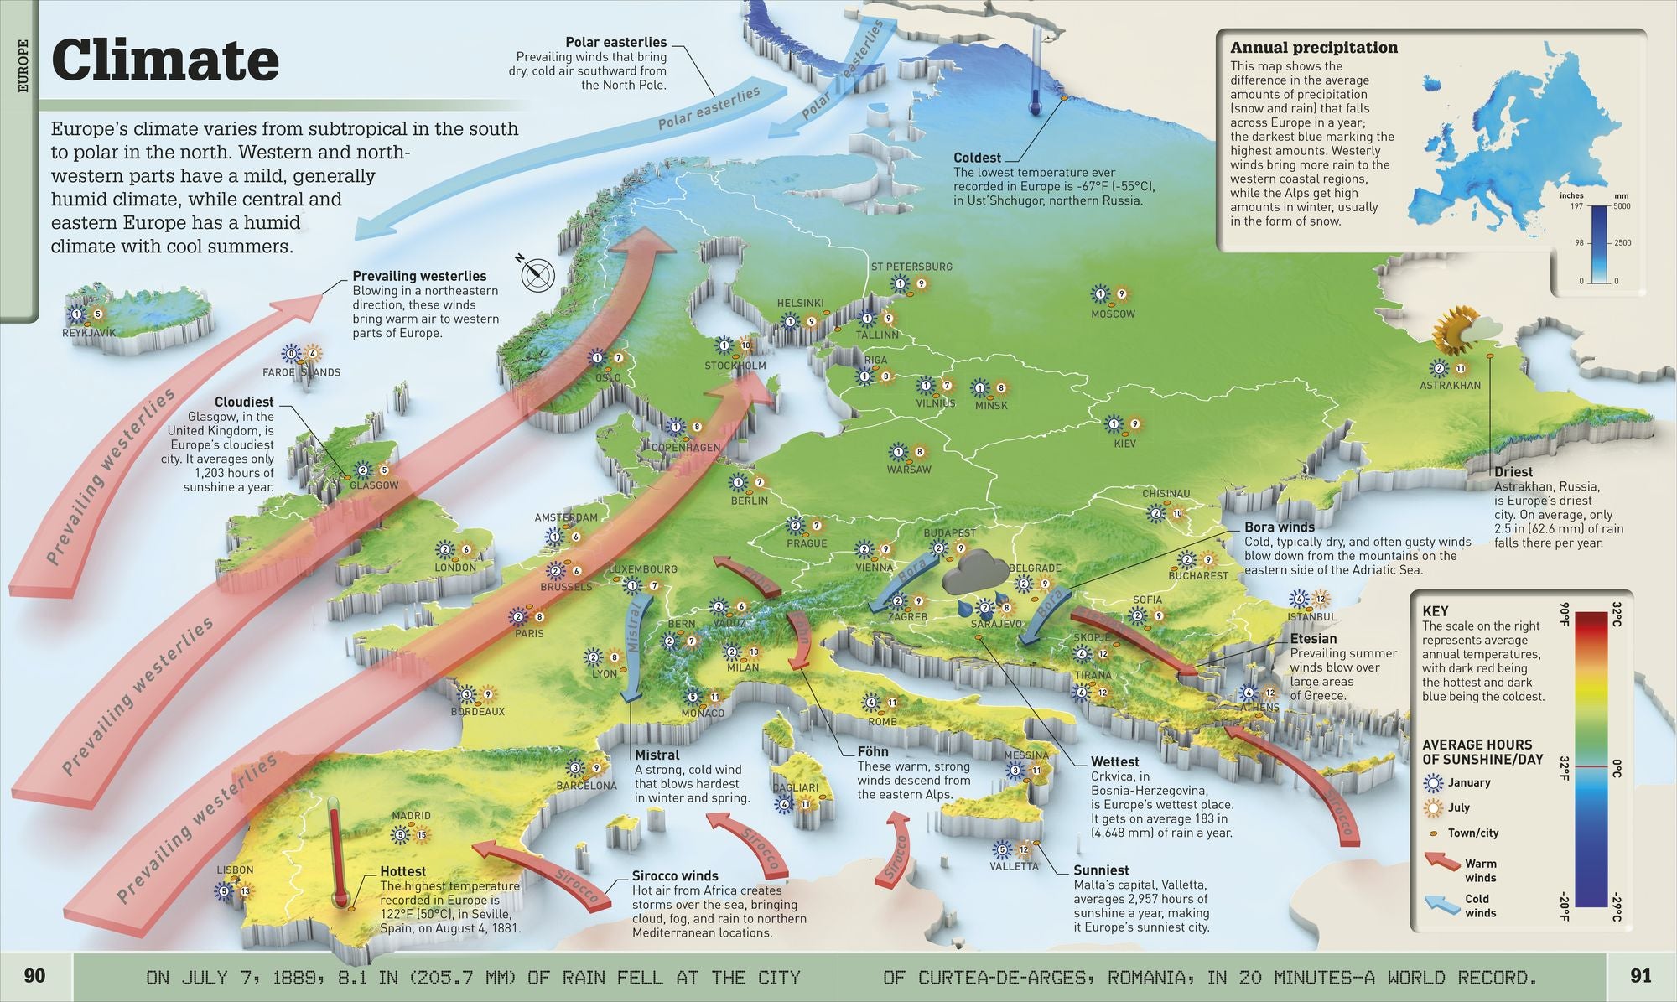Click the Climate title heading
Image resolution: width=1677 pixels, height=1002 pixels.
point(165,60)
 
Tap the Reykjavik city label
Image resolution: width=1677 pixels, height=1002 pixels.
point(89,333)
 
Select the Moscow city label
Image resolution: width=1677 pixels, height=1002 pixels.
point(1113,314)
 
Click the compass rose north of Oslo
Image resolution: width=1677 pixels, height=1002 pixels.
point(537,273)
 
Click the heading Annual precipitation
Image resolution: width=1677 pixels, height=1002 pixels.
point(1313,48)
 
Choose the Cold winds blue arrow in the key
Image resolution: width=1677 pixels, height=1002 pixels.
point(1441,903)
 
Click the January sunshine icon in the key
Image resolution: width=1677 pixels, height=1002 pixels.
point(1435,783)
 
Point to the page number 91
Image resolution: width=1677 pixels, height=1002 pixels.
point(1641,976)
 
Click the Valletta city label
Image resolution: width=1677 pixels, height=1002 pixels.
point(1014,867)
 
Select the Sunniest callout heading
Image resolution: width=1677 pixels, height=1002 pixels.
point(1101,870)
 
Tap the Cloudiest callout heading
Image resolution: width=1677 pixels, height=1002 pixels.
point(244,402)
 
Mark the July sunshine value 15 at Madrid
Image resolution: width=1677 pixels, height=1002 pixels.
point(421,835)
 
